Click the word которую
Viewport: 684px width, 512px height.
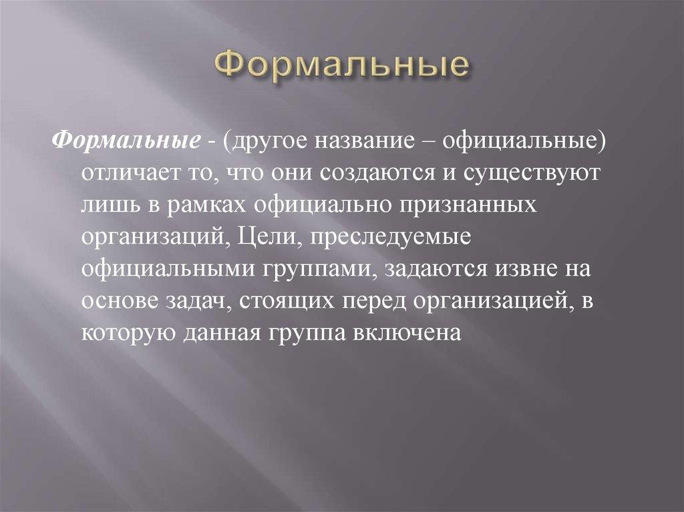coord(126,333)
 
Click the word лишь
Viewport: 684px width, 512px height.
coord(107,204)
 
